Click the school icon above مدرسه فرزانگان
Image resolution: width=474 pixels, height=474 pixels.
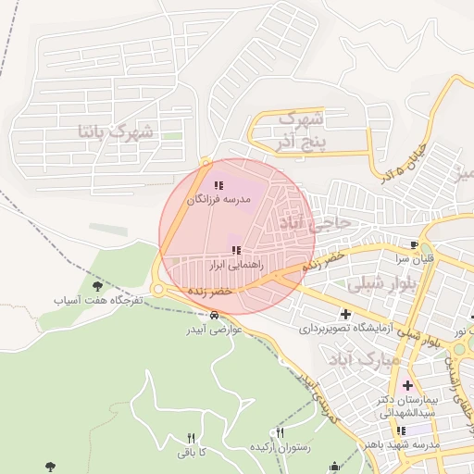(218, 186)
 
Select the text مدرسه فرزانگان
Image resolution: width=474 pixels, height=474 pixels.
(219, 199)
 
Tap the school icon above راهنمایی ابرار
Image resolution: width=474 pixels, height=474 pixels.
(237, 250)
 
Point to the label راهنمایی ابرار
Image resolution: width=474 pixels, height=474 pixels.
(237, 264)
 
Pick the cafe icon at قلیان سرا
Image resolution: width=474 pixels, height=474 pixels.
(414, 244)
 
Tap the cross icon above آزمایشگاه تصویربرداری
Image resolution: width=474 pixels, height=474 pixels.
(345, 314)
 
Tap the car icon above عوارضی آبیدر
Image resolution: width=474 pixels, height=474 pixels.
(215, 316)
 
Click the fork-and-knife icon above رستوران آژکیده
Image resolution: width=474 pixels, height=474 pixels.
(281, 432)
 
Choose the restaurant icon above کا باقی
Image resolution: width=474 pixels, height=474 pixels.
(192, 439)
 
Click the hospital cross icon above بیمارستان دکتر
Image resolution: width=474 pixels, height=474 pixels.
(406, 384)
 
